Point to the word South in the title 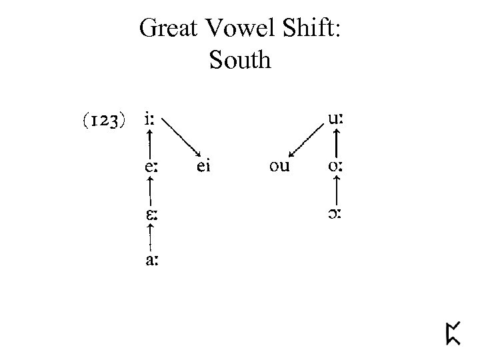[x=239, y=60]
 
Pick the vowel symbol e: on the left [x=151, y=167]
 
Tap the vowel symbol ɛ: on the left [x=151, y=215]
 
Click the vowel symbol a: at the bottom [x=151, y=261]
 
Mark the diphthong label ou [x=279, y=167]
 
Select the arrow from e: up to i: [x=151, y=144]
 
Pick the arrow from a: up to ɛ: [x=151, y=238]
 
